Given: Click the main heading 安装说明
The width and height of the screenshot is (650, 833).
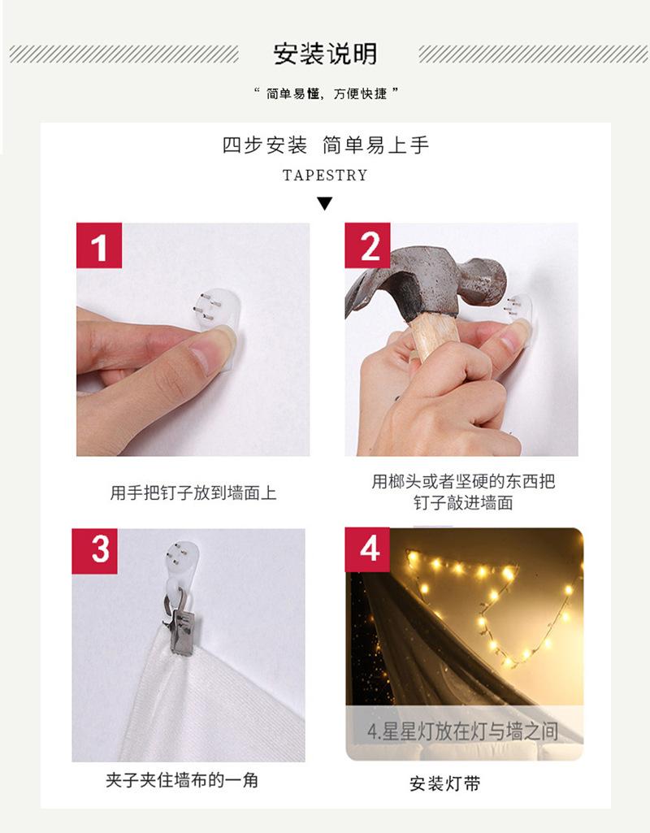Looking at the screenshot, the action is pyautogui.click(x=325, y=54).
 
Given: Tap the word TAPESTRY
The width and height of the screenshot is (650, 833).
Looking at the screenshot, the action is pyautogui.click(x=325, y=176).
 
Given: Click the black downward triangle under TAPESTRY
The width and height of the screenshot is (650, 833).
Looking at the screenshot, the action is pyautogui.click(x=324, y=203).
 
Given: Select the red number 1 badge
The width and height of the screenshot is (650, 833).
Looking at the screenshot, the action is pyautogui.click(x=99, y=245).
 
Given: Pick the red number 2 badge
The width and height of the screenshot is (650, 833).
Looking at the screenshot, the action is pyautogui.click(x=367, y=245).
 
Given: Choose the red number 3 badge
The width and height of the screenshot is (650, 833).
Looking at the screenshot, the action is pyautogui.click(x=94, y=551).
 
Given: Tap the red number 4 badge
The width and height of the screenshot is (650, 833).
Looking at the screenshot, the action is pyautogui.click(x=367, y=549).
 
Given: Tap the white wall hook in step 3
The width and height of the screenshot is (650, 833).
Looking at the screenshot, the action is pyautogui.click(x=180, y=571).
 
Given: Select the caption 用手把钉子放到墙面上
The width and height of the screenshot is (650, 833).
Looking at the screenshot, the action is pyautogui.click(x=193, y=493).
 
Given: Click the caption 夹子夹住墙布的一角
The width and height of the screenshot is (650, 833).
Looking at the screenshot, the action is pyautogui.click(x=182, y=780).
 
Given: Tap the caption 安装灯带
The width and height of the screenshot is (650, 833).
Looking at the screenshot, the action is pyautogui.click(x=445, y=783).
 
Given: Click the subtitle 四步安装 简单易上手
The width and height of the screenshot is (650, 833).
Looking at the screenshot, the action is pyautogui.click(x=325, y=145).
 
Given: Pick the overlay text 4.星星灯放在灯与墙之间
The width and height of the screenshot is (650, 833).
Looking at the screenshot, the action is pyautogui.click(x=462, y=731).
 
